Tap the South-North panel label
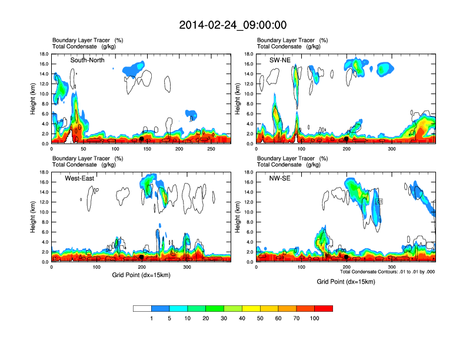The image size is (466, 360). pyautogui.click(x=89, y=60)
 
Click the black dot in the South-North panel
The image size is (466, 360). pyautogui.click(x=141, y=139)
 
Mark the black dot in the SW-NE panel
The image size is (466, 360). pyautogui.click(x=346, y=139)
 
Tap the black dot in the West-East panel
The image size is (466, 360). pyautogui.click(x=141, y=257)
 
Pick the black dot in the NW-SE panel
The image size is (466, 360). pyautogui.click(x=347, y=257)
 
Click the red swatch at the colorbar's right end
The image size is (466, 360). pyautogui.click(x=324, y=308)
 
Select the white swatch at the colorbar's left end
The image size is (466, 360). pyautogui.click(x=142, y=308)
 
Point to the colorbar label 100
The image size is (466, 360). pyautogui.click(x=315, y=319)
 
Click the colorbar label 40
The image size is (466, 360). pyautogui.click(x=242, y=319)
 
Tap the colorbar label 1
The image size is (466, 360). pyautogui.click(x=151, y=319)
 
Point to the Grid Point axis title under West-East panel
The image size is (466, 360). pyautogui.click(x=141, y=275)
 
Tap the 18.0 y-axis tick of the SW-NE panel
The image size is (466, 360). pyautogui.click(x=250, y=54)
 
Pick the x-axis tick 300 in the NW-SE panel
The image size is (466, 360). pyautogui.click(x=392, y=268)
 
